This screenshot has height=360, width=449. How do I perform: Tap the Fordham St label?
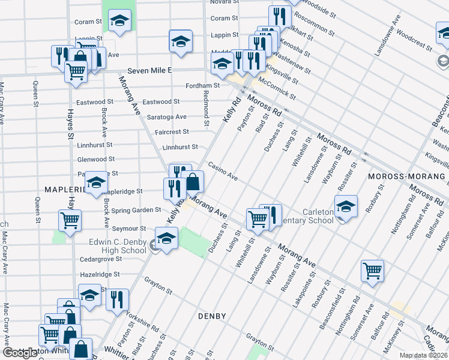point(200,86)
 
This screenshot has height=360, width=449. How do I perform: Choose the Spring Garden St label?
point(136,210)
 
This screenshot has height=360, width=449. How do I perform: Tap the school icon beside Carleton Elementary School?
point(346,206)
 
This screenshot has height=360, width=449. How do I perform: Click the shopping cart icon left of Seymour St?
point(70,220)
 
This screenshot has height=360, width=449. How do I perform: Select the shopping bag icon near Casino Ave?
point(193,181)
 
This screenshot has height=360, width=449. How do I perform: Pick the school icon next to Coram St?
point(120,21)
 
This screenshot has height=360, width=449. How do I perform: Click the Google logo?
point(20,353)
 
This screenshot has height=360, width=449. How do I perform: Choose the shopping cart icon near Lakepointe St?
point(372,271)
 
